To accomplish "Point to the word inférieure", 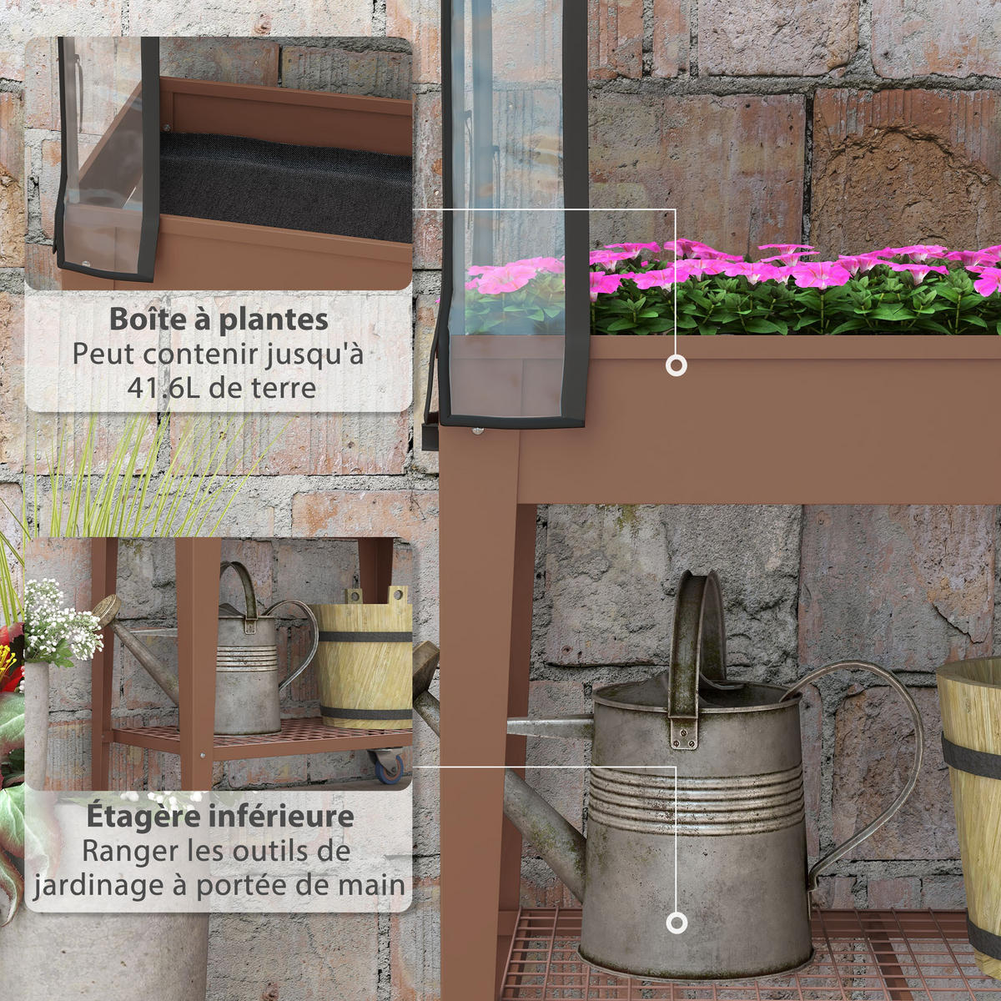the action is point(282,816).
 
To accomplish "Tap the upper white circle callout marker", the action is point(676,365).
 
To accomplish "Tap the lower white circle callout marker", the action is point(676,923).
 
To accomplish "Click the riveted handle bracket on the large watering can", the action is point(684,733).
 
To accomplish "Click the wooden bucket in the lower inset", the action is point(365,657).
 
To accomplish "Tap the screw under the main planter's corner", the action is point(475,430).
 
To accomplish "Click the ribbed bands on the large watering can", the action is point(696,800).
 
